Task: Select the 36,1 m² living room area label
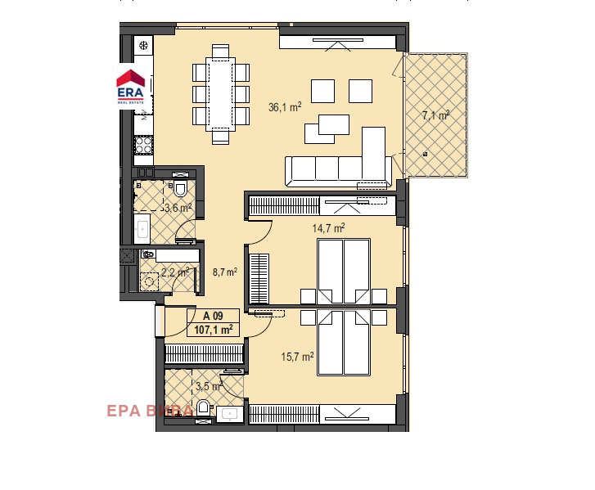[285, 106]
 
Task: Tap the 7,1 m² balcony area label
[435, 115]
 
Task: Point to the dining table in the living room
[220, 94]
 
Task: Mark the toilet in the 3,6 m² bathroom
[181, 189]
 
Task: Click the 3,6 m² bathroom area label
[177, 208]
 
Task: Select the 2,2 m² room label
[175, 272]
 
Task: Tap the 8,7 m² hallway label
[223, 272]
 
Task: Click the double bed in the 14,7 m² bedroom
[344, 270]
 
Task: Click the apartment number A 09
[213, 316]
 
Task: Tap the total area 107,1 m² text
[213, 330]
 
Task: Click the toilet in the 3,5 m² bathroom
[203, 407]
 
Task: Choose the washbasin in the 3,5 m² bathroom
[230, 415]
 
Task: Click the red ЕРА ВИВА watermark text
[150, 411]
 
